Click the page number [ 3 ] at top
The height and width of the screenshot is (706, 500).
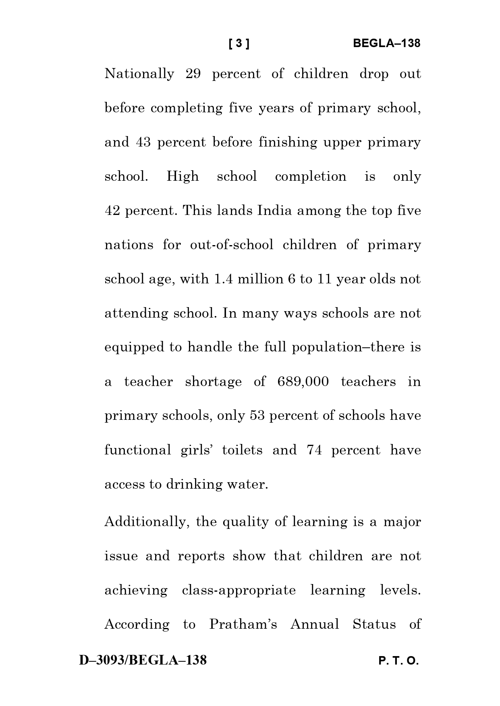(x=239, y=43)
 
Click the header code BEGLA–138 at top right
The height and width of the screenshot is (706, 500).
(x=386, y=43)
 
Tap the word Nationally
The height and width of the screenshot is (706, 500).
(x=139, y=74)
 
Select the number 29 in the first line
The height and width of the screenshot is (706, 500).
(x=193, y=74)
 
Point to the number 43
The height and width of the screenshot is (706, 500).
(x=143, y=142)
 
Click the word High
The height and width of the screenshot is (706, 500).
(x=183, y=177)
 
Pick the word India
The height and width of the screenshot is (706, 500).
(x=274, y=211)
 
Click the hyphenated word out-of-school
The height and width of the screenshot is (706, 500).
(x=232, y=245)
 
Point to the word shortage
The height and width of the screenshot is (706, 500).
(x=214, y=382)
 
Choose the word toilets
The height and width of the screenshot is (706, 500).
(x=242, y=450)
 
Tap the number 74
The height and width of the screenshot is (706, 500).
(x=314, y=450)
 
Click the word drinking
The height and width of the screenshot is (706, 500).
(x=194, y=484)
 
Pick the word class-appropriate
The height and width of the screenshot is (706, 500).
(x=239, y=590)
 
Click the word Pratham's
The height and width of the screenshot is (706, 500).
(x=243, y=624)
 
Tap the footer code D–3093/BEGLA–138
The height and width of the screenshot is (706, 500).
(x=143, y=660)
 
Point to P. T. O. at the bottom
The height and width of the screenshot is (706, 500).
(x=398, y=661)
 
